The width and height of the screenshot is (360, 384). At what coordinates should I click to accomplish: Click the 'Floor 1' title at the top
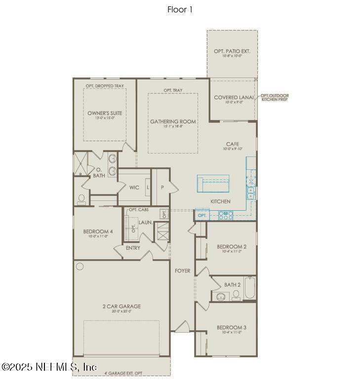point(180,9)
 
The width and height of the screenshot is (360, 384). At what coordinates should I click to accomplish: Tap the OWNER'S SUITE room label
point(105,113)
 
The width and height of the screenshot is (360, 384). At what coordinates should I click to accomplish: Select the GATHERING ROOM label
point(173,121)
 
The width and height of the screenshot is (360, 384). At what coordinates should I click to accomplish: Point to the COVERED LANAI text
point(234,97)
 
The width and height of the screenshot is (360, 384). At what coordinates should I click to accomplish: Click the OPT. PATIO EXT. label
point(232,51)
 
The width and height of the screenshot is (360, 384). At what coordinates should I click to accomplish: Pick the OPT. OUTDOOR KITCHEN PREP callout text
point(275,98)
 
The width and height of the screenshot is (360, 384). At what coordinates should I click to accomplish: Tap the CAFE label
point(233,144)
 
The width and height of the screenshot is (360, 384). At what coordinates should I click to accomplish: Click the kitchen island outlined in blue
point(214,183)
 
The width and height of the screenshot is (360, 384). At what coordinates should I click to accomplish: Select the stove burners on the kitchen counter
point(226,214)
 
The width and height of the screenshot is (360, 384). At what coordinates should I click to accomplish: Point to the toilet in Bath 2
point(237,295)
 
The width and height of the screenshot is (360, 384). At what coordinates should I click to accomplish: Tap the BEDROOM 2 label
point(231,246)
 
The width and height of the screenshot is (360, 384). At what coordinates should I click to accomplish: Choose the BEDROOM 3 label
point(231,327)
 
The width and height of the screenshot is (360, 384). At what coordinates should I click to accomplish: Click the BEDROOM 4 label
point(98,231)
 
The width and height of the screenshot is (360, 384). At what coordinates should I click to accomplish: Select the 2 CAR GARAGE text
point(121,306)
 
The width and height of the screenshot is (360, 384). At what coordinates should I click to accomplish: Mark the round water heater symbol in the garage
point(80,267)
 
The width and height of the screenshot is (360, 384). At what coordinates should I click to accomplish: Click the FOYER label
point(182,270)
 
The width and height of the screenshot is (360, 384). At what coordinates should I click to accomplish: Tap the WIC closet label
point(134,188)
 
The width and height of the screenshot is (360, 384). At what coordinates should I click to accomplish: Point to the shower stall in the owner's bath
point(80,164)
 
